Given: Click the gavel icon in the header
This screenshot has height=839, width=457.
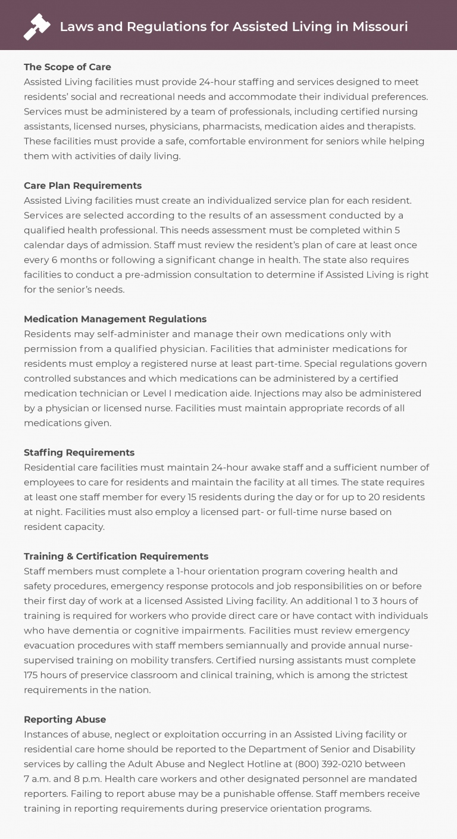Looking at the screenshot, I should (37, 27).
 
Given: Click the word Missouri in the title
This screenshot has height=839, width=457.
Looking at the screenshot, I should (380, 27).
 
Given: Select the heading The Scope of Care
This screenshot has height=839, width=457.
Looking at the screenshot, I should (67, 67).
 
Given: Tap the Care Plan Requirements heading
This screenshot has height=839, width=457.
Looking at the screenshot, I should (83, 185).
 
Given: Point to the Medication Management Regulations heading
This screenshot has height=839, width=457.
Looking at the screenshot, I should (115, 319).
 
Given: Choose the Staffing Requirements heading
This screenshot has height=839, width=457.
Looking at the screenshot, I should (79, 453).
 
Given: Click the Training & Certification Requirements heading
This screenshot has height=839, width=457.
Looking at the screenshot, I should (116, 556).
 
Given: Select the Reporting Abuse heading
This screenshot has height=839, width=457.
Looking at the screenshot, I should (65, 719).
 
